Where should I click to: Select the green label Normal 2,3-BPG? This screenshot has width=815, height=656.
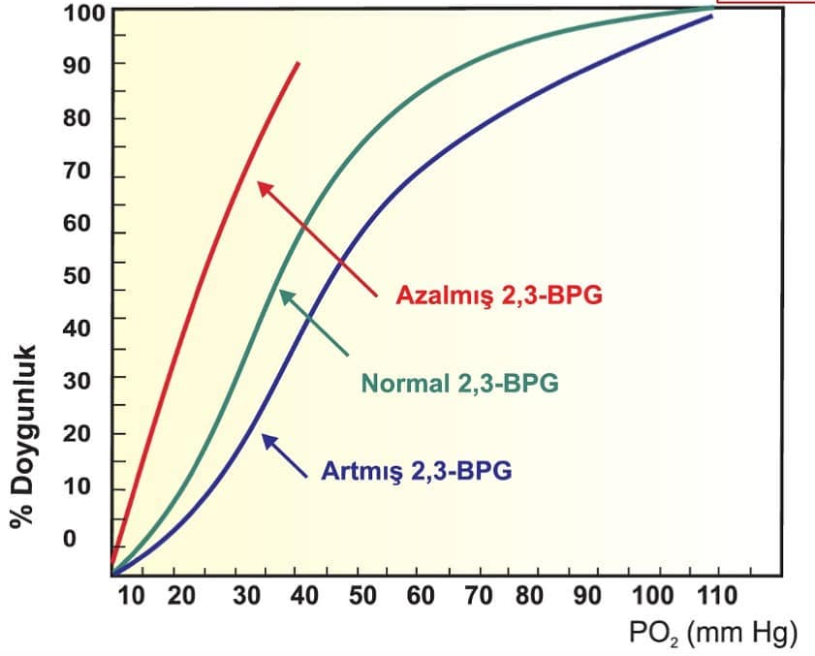tap(459, 383)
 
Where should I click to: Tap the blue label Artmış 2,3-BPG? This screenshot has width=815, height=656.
tap(416, 472)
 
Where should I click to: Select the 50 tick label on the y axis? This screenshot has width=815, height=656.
tap(77, 274)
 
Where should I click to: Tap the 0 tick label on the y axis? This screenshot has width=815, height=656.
tap(69, 539)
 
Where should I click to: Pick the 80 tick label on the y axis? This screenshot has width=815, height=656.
tap(77, 118)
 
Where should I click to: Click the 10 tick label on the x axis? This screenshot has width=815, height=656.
tap(131, 594)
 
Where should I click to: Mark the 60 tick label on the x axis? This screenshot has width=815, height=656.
tap(420, 594)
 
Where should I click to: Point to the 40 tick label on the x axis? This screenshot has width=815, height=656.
tap(304, 594)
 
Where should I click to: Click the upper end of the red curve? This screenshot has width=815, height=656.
tap(298, 64)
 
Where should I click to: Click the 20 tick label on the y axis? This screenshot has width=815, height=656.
tap(77, 433)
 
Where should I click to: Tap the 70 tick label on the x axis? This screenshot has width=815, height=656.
tap(477, 594)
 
